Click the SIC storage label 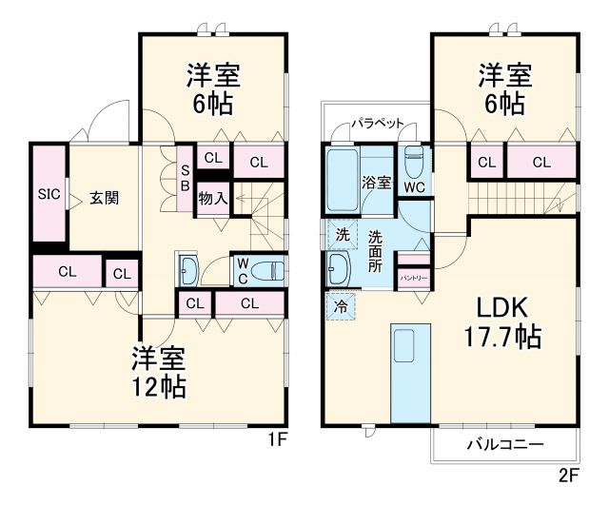pos(49,194)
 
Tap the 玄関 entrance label pos(105,198)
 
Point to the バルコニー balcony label pos(504,444)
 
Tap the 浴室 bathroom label pos(376,182)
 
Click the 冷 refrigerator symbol pos(340,306)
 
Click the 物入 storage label pos(212,198)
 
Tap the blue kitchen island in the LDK pos(410,373)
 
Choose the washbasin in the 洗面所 pos(338,269)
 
